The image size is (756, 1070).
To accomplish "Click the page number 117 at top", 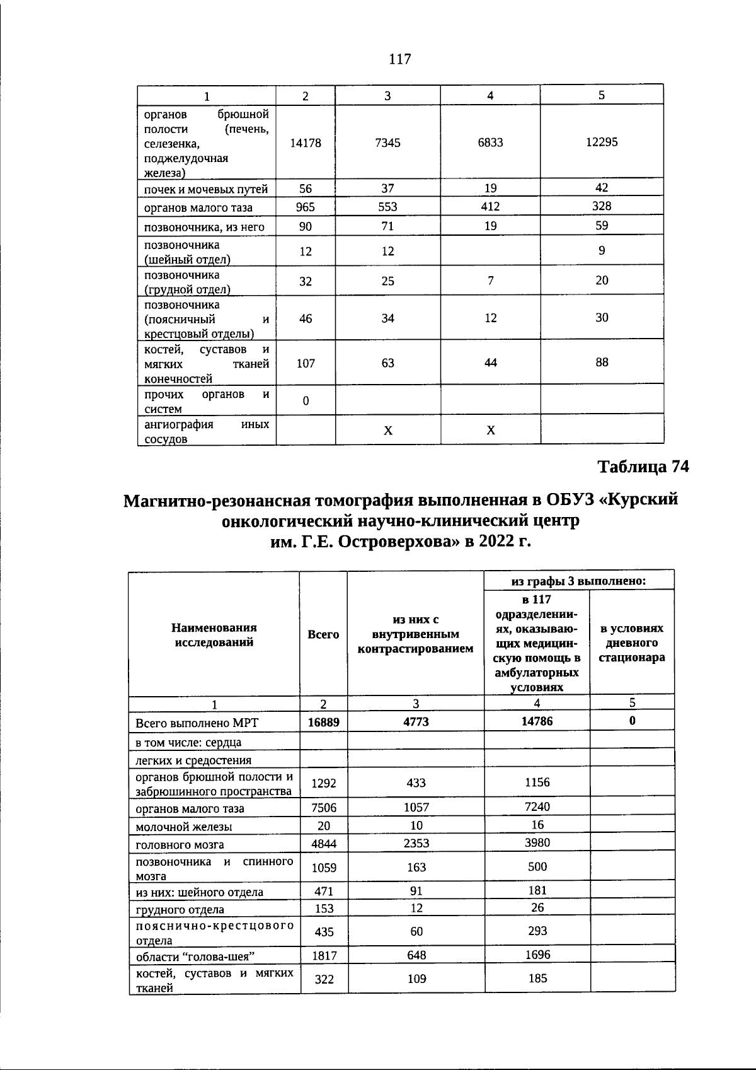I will (x=399, y=59).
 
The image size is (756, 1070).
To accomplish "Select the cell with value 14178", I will (x=306, y=142).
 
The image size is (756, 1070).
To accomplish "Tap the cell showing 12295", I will (x=602, y=142).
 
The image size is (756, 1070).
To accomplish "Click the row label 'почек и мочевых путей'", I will (x=207, y=189).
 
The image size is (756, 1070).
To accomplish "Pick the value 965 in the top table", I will (x=306, y=207).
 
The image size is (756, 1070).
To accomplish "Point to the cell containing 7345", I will (x=387, y=142).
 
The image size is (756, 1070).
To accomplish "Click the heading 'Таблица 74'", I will (x=643, y=467).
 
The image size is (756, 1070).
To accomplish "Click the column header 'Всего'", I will (x=323, y=635).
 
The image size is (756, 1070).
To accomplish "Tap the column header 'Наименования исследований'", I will (x=214, y=635).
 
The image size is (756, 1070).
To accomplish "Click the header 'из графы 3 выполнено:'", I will (x=578, y=581).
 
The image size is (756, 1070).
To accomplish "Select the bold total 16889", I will (x=323, y=722).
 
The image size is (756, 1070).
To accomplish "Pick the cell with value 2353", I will (x=416, y=843).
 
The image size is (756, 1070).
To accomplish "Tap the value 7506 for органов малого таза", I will (x=323, y=808).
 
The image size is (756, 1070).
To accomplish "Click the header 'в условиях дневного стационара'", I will (x=632, y=643).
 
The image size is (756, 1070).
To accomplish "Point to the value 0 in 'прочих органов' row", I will (x=306, y=400).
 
